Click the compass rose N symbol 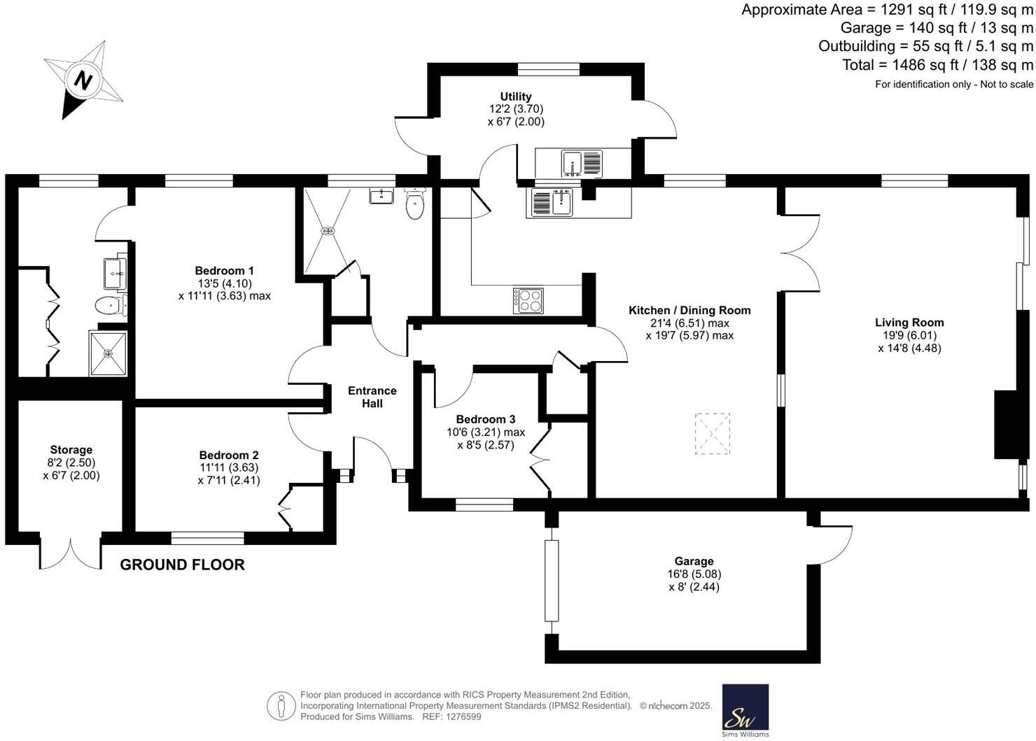click(x=84, y=80)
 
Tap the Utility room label click(x=516, y=97)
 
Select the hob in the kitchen click(x=528, y=300)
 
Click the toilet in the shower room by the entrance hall click(x=415, y=204)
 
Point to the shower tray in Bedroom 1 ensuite click(x=108, y=353)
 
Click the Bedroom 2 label click(x=229, y=455)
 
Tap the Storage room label click(x=71, y=450)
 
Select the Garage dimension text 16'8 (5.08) click(x=694, y=574)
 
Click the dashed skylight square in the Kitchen click(x=713, y=434)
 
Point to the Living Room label click(x=909, y=323)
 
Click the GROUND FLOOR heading click(x=182, y=565)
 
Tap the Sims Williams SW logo click(x=745, y=708)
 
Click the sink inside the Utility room click(x=573, y=164)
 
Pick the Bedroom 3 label click(x=485, y=419)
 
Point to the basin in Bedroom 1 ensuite click(x=115, y=273)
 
